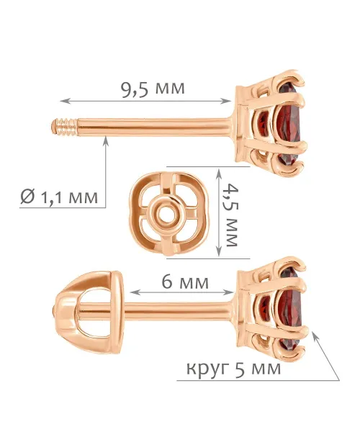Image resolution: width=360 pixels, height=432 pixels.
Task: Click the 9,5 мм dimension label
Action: pyautogui.click(x=153, y=89)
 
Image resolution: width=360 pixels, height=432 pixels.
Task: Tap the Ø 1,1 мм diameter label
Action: pyautogui.click(x=59, y=197)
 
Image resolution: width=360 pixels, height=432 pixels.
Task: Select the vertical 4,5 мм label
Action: pyautogui.click(x=230, y=215)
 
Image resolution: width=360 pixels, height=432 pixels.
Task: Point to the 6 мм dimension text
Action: pyautogui.click(x=185, y=282)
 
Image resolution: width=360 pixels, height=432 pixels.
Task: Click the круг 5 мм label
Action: pyautogui.click(x=234, y=367)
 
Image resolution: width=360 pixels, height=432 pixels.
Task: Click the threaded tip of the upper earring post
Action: pyautogui.click(x=65, y=127)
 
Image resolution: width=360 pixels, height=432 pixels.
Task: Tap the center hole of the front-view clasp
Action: pyautogui.click(x=166, y=214)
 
